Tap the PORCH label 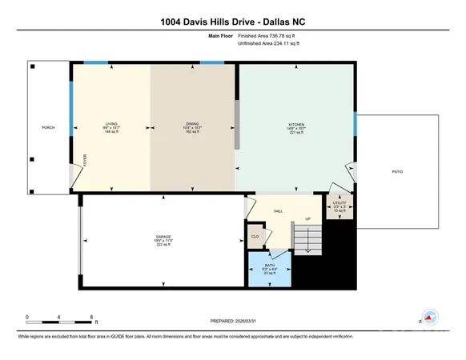48,127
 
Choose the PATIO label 397,171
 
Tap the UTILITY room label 339,207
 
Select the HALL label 279,211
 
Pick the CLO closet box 255,236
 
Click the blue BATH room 270,270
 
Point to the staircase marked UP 308,236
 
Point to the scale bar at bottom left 61,318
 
